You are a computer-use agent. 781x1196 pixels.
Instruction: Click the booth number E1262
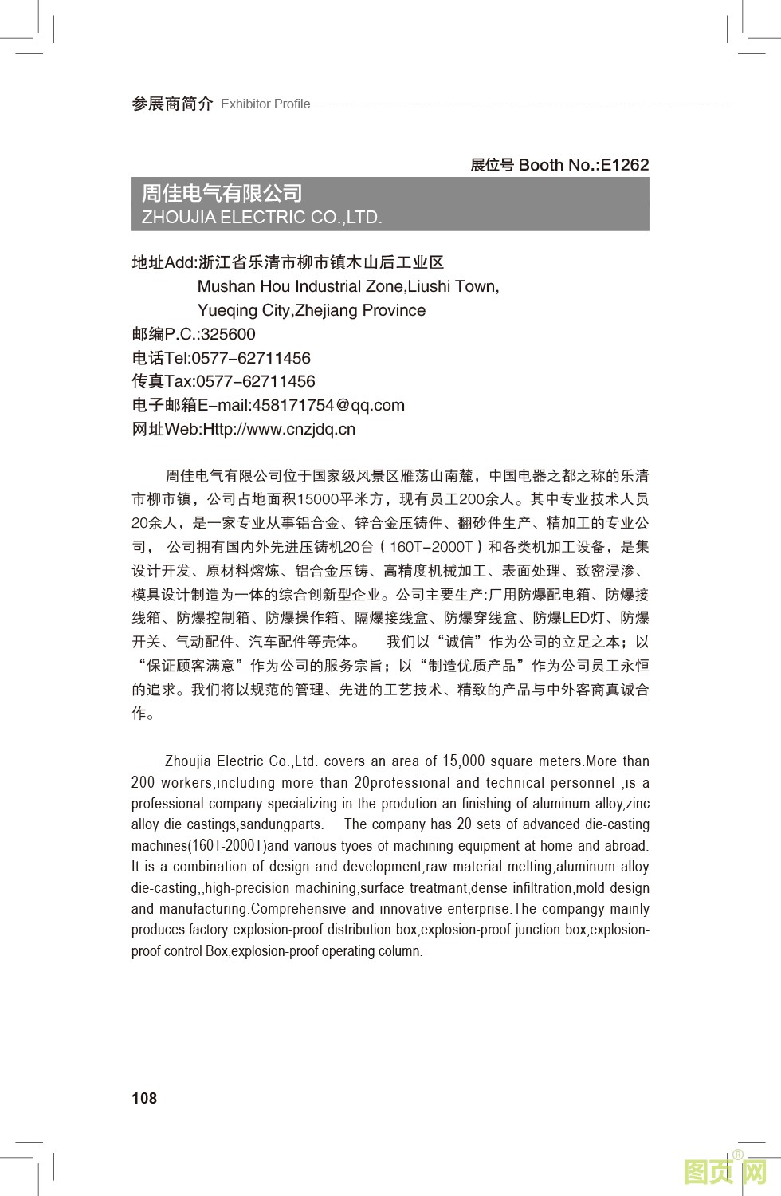click(624, 165)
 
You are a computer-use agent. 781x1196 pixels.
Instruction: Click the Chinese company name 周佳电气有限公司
click(222, 193)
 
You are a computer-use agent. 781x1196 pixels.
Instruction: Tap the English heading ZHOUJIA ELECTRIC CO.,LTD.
click(262, 218)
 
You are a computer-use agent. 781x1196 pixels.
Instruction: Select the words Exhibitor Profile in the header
click(265, 104)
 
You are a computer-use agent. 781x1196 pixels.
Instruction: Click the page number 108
click(144, 1098)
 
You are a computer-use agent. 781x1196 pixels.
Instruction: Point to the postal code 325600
click(228, 334)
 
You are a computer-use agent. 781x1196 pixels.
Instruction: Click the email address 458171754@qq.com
click(328, 405)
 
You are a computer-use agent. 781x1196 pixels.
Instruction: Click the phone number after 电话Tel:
click(251, 358)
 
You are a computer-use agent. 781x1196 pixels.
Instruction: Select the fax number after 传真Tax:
click(256, 381)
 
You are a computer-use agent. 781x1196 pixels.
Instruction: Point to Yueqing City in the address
click(244, 310)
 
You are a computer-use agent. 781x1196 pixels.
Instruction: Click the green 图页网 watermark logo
click(725, 1172)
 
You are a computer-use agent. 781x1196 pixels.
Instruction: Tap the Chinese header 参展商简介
click(172, 104)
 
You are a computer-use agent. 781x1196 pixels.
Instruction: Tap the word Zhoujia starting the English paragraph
click(188, 761)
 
